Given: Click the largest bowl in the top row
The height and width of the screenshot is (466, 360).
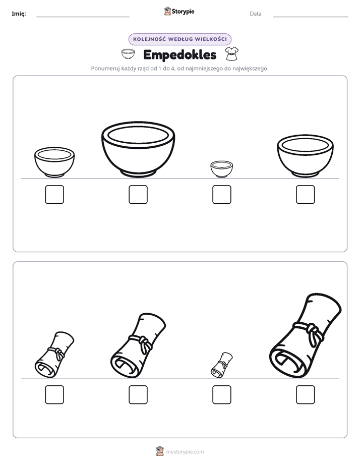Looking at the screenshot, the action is click(138, 149).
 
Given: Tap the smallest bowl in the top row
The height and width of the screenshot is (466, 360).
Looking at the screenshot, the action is click(221, 169).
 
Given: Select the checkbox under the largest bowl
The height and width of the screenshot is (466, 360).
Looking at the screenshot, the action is click(138, 195).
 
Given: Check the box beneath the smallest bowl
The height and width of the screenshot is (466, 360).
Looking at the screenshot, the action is click(221, 195).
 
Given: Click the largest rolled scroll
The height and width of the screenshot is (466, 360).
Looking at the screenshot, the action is click(306, 336).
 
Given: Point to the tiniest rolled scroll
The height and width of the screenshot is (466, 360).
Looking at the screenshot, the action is click(221, 365).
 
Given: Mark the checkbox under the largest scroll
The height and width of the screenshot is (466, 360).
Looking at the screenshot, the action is click(306, 395).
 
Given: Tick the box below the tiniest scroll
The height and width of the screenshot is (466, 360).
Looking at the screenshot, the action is click(221, 395).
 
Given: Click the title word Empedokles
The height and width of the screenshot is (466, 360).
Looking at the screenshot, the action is click(179, 55).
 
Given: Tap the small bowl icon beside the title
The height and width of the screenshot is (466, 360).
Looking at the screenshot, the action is click(128, 54).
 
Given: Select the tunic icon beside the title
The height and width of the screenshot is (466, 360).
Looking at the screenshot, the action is click(231, 54).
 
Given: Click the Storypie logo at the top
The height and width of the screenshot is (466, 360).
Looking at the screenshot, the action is click(179, 11).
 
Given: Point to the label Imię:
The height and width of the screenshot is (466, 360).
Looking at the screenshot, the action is click(19, 14).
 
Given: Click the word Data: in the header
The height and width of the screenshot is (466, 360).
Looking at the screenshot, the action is click(256, 14).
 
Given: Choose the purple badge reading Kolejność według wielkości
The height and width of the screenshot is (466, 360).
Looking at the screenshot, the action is click(179, 39).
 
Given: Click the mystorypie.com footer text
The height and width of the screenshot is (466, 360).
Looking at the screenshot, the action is click(185, 452).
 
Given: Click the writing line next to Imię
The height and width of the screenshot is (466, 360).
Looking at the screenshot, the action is click(83, 17).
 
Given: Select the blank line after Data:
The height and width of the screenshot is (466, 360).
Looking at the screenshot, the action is click(311, 17).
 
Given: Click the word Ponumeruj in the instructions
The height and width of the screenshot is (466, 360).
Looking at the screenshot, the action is click(105, 69).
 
